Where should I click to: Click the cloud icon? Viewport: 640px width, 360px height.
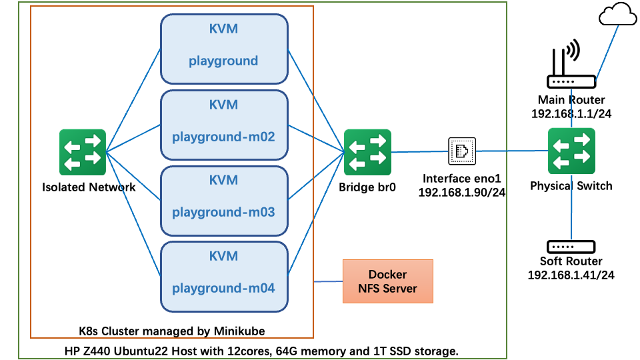pyautogui.click(x=617, y=15)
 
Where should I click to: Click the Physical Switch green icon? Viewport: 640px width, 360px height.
pyautogui.click(x=571, y=151)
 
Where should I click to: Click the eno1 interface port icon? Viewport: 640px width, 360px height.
pyautogui.click(x=461, y=151)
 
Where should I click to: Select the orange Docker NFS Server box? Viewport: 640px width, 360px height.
pyautogui.click(x=387, y=281)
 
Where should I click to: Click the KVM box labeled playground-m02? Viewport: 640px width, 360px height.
pyautogui.click(x=224, y=123)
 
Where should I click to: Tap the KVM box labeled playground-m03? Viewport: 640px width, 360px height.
pyautogui.click(x=224, y=199)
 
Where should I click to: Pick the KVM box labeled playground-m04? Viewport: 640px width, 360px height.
pyautogui.click(x=224, y=275)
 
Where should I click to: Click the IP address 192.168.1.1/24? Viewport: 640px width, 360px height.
pyautogui.click(x=571, y=113)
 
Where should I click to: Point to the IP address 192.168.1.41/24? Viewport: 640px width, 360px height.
pyautogui.click(x=571, y=275)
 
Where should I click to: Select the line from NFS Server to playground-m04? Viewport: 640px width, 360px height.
pyautogui.click(x=328, y=281)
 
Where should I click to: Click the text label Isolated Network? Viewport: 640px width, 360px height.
pyautogui.click(x=89, y=187)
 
